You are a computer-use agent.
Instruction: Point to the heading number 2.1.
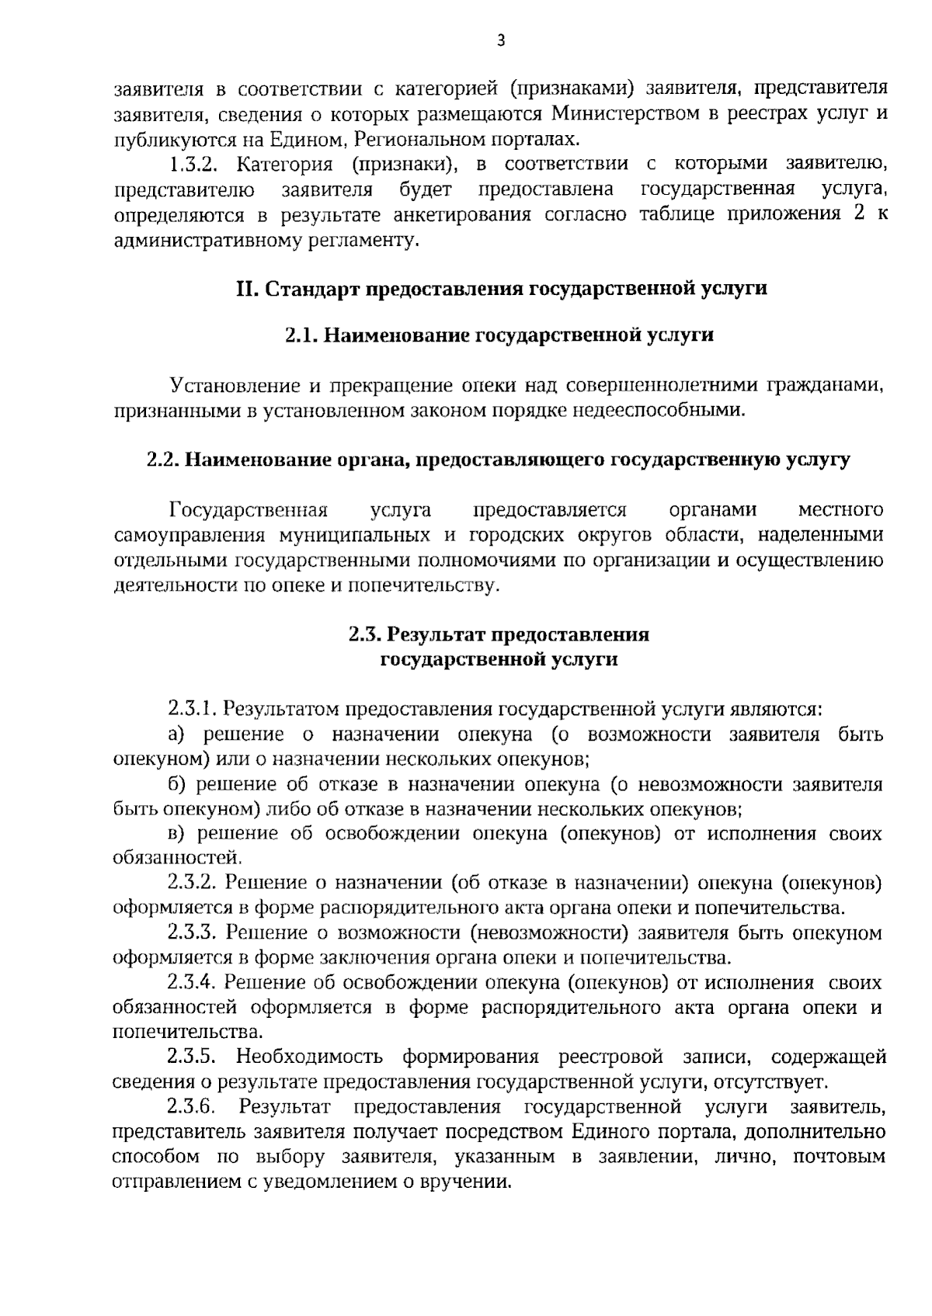point(301,335)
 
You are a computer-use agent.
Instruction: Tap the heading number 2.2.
point(163,460)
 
